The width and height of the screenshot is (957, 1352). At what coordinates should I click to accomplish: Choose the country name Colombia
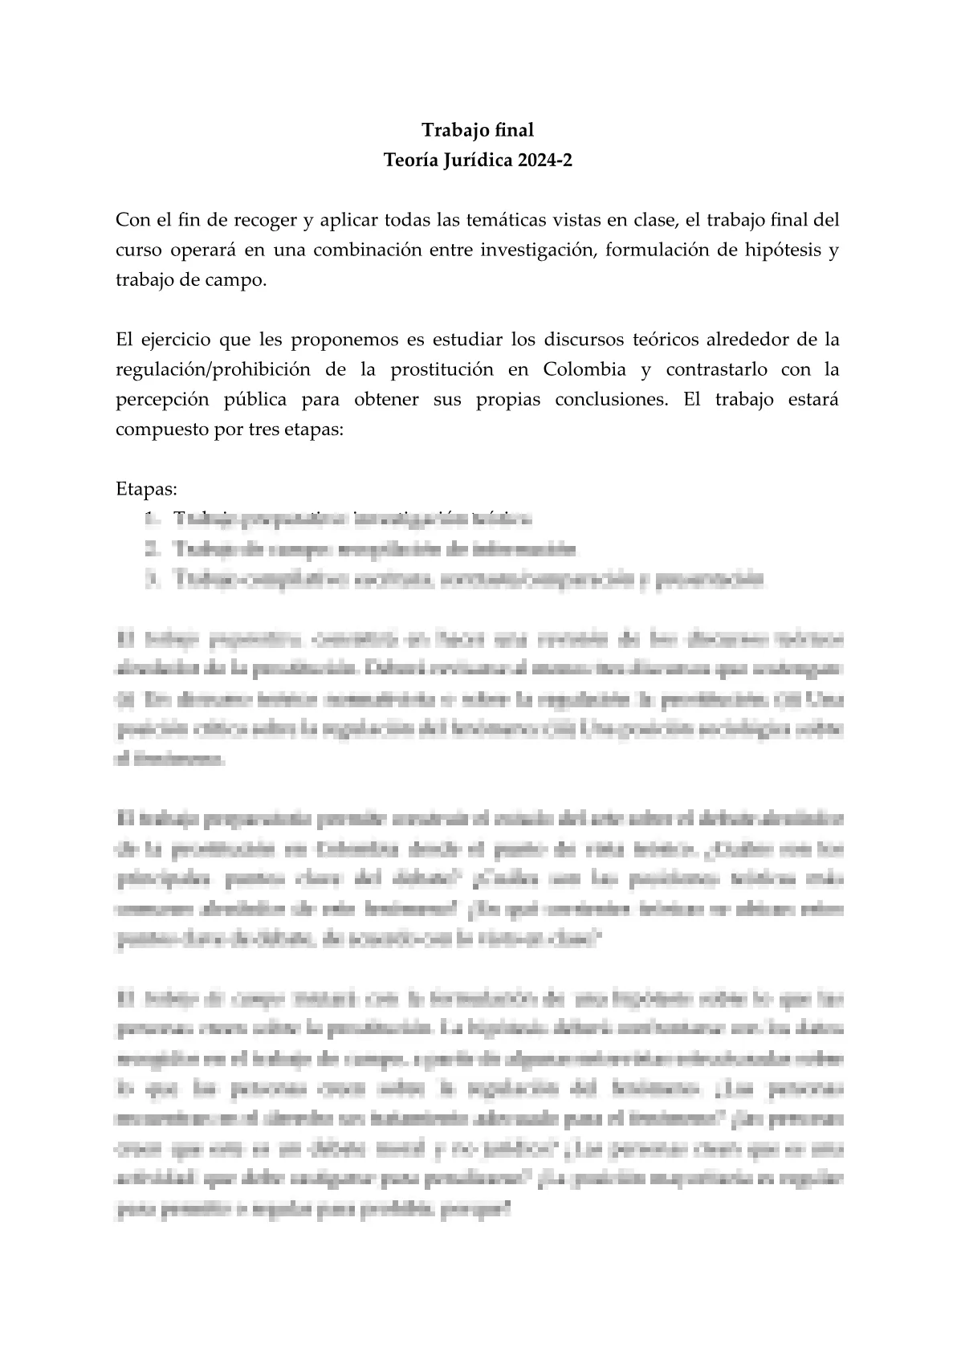(x=584, y=370)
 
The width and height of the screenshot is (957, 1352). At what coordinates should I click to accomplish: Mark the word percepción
(x=159, y=400)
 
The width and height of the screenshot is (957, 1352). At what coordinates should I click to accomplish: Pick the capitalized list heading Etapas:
(x=146, y=489)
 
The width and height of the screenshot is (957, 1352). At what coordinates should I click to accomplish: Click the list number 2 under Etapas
(x=152, y=550)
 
